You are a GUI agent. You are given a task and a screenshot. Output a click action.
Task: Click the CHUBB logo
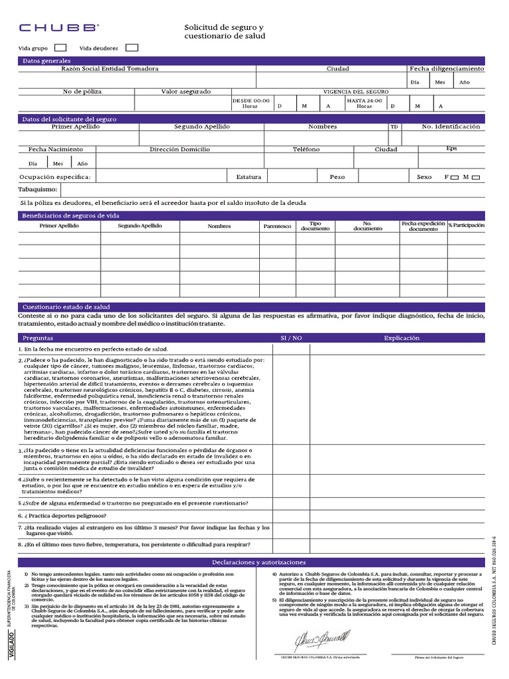coord(59,28)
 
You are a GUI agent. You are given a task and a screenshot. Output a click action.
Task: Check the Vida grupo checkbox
coord(60,48)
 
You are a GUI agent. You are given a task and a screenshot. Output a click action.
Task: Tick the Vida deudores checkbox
coord(131,48)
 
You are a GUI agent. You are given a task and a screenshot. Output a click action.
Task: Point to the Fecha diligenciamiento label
coord(446,69)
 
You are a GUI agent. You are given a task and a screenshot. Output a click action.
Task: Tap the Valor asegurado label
coord(186,91)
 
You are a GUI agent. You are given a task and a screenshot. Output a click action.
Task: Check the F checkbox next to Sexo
coord(454,177)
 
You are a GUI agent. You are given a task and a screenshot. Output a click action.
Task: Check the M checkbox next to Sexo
coord(474,177)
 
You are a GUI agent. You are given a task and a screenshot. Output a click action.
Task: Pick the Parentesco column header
coord(277,226)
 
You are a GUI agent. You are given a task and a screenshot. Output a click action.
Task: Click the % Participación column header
coord(466,226)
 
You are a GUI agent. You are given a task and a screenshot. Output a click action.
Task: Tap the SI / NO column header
coord(291,338)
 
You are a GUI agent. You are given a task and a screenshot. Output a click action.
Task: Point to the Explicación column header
coord(402,338)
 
